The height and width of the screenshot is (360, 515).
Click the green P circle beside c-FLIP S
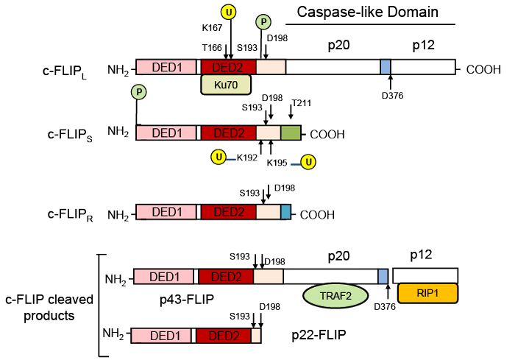click(x=137, y=92)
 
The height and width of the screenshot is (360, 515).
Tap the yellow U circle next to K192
click(x=218, y=156)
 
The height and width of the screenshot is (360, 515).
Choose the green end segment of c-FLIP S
click(x=291, y=133)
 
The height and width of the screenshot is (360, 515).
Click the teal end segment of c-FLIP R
click(x=285, y=213)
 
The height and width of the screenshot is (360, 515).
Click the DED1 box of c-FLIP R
click(x=166, y=213)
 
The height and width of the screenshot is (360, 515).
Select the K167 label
click(x=213, y=27)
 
